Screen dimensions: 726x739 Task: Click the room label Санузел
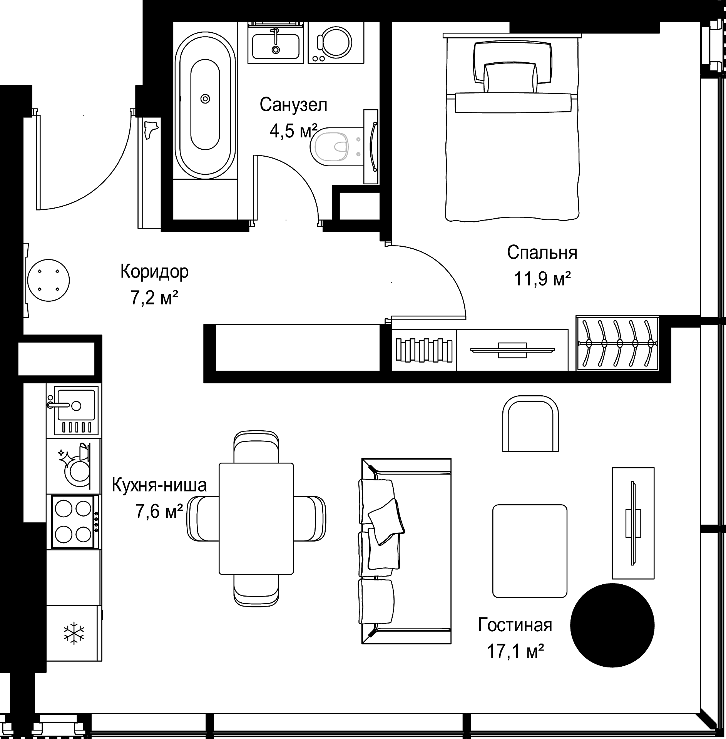(293, 105)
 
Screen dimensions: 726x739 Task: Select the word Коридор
(154, 271)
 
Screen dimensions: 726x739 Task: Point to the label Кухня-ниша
(159, 485)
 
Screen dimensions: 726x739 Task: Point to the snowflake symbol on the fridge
(74, 634)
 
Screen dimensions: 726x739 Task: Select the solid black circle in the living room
(612, 625)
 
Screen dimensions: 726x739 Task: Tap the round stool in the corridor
(49, 280)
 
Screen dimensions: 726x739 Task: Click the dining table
(256, 518)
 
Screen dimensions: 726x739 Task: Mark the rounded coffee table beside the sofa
(530, 551)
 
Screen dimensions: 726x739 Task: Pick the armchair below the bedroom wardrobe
(530, 423)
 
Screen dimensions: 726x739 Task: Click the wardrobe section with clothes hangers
(617, 343)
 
